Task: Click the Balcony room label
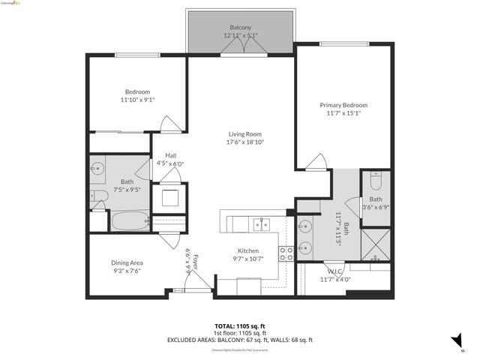pyautogui.click(x=240, y=28)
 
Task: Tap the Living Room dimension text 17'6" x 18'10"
pyautogui.click(x=247, y=142)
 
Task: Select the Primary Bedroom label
pyautogui.click(x=343, y=105)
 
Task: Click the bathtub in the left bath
pyautogui.click(x=130, y=221)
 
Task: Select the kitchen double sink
pyautogui.click(x=261, y=223)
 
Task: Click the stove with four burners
pyautogui.click(x=286, y=253)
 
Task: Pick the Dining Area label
pyautogui.click(x=127, y=262)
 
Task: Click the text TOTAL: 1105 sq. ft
pyautogui.click(x=240, y=326)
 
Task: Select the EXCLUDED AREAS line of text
pyautogui.click(x=240, y=340)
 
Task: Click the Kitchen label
pyautogui.click(x=248, y=250)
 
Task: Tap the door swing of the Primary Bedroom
pyautogui.click(x=318, y=161)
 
